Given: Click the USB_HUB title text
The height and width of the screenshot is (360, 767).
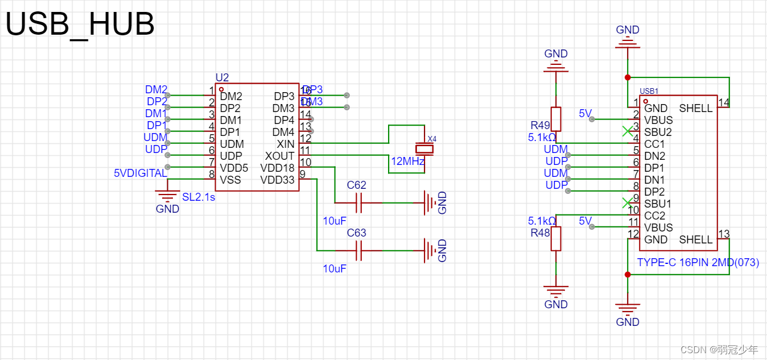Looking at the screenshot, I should click(x=80, y=25).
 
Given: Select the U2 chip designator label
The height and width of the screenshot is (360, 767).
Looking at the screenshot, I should click(x=222, y=77).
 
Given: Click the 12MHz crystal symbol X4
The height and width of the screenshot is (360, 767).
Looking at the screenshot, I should click(x=424, y=149).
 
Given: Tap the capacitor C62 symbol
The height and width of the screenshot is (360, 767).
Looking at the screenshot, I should click(x=358, y=202).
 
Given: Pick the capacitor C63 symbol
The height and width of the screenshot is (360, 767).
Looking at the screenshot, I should click(x=358, y=250).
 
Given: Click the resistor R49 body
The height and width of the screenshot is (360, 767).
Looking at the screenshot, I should click(x=556, y=119).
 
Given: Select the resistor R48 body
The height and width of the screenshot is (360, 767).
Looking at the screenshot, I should click(x=556, y=238).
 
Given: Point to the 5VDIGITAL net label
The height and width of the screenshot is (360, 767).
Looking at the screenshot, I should click(x=141, y=173).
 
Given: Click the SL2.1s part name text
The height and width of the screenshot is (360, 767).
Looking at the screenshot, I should click(x=199, y=197).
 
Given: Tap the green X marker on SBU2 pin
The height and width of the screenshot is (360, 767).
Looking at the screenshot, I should click(x=627, y=131).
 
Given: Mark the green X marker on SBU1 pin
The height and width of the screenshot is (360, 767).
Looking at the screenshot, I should click(x=627, y=203).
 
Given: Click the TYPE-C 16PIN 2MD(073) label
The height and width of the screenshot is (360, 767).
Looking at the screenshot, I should click(x=698, y=263).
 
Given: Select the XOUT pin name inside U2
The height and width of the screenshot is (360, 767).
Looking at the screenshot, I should click(x=279, y=156).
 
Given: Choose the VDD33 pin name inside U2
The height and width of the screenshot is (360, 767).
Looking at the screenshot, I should click(x=277, y=180).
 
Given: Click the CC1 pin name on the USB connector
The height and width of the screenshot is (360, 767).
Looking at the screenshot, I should click(x=654, y=144).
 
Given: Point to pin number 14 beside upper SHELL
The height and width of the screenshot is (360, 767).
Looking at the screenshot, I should click(x=724, y=102).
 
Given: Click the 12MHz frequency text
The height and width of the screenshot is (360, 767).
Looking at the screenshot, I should click(x=407, y=162).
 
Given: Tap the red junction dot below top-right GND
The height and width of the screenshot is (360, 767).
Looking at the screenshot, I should click(x=628, y=77).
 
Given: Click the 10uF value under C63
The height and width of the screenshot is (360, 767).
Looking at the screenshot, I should click(x=335, y=269).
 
